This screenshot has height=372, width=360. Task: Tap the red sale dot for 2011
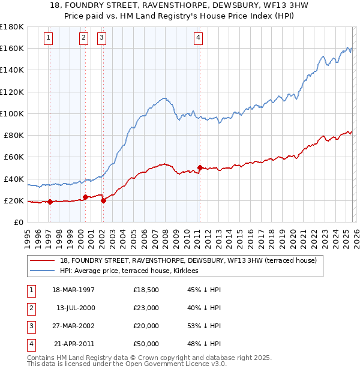pos(200,167)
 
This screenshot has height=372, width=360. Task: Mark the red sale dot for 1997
pos(50,202)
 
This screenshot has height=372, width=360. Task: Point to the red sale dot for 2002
pos(103,200)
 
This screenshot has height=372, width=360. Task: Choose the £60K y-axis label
pos(13,157)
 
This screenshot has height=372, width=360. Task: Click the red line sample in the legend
pos(43,260)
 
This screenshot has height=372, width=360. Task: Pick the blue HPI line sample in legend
pos(43,271)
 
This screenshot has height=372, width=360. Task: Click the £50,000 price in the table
pos(146,344)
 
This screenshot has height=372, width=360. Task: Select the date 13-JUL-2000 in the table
pos(76,308)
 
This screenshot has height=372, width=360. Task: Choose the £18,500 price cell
pos(146,290)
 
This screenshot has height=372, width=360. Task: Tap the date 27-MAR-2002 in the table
pos(76,326)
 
